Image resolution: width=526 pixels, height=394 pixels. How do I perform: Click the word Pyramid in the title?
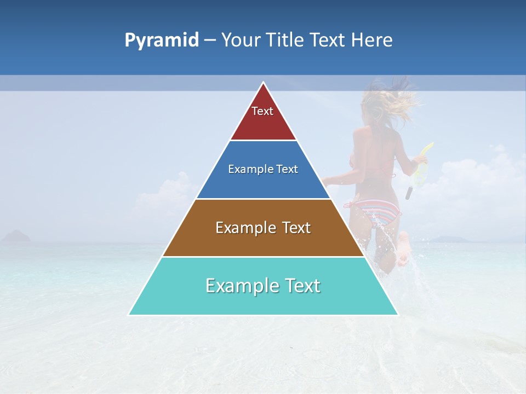161,40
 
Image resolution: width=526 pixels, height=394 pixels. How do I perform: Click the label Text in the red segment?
262,111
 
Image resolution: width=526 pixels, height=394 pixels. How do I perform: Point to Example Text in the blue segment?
263,169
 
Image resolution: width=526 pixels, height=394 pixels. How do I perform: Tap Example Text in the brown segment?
263,228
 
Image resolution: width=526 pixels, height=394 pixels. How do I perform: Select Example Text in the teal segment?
263,286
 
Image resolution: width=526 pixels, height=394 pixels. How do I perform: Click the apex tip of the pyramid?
264,84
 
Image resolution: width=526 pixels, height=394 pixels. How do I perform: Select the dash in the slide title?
210,40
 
